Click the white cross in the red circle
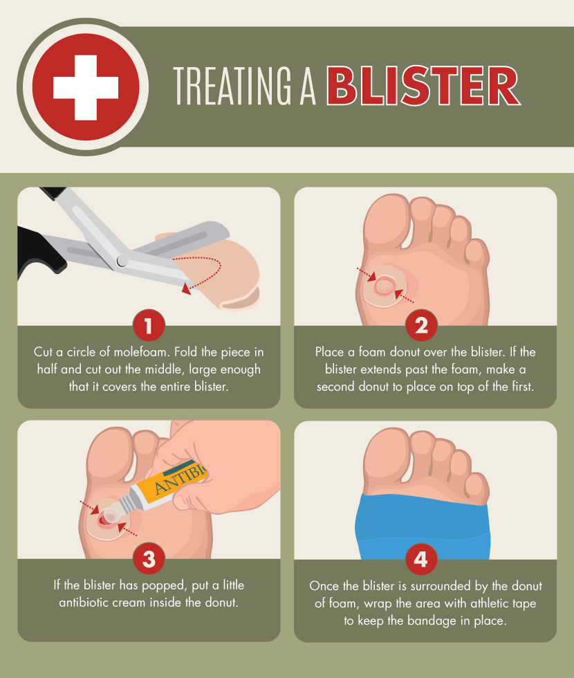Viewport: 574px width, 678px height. tap(86, 86)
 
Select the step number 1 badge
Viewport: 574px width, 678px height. tap(149, 325)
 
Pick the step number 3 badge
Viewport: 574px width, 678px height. tap(149, 559)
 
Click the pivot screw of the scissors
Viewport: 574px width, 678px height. tap(122, 260)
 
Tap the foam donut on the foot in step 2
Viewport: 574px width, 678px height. tap(385, 287)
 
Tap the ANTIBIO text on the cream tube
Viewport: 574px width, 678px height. tap(181, 480)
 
